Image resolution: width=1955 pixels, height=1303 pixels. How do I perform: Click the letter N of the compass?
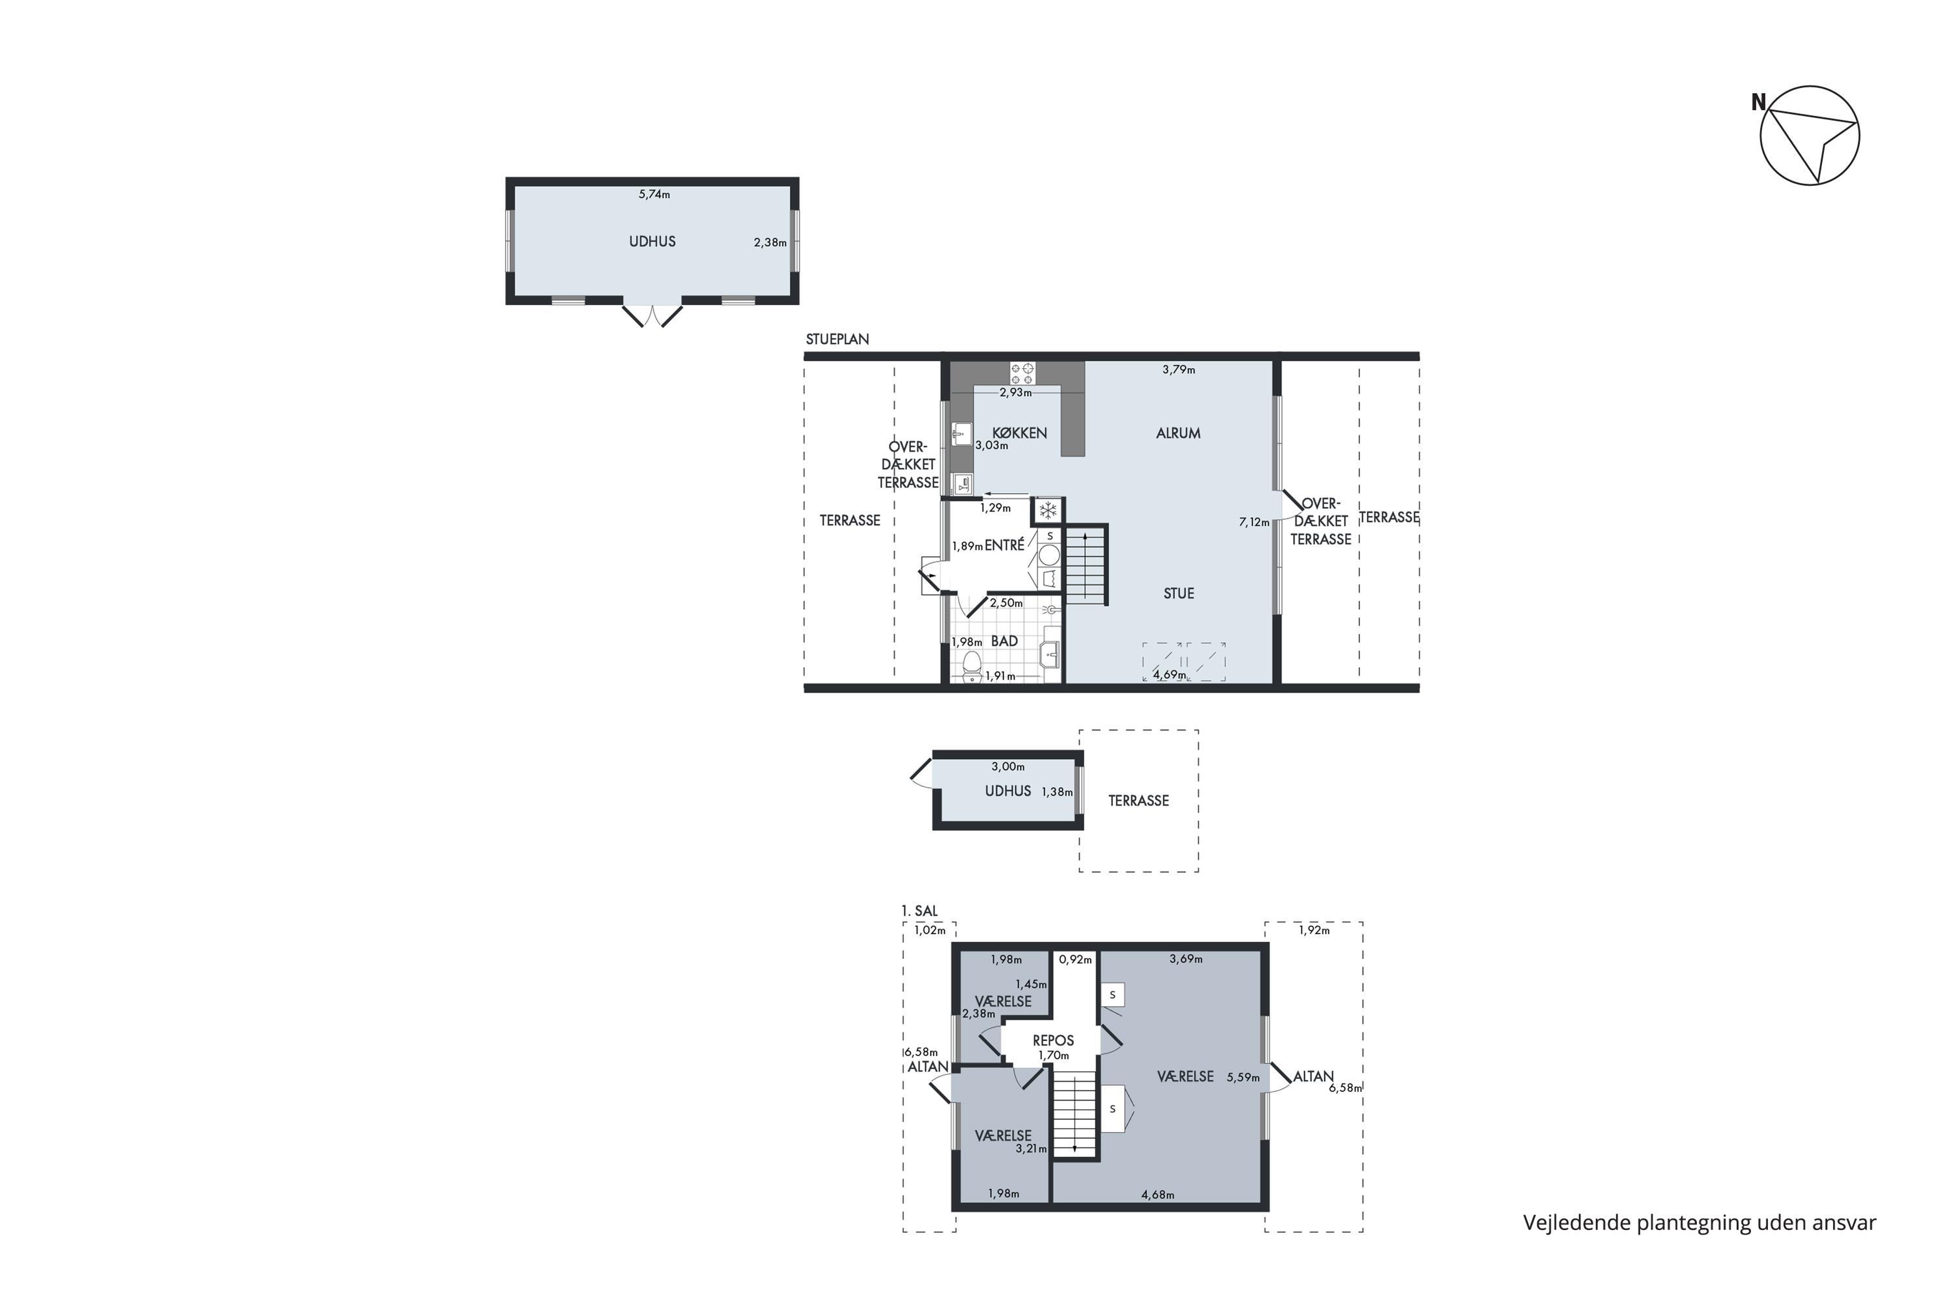tap(1758, 102)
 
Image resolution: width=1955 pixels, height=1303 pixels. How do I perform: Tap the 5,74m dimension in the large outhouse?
tap(654, 194)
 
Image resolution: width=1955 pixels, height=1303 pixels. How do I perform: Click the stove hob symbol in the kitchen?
tap(1022, 373)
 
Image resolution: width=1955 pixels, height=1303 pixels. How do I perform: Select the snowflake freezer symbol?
tap(1048, 509)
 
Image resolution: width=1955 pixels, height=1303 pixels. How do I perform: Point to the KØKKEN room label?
tap(1019, 433)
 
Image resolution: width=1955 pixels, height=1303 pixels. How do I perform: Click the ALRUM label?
tap(1178, 433)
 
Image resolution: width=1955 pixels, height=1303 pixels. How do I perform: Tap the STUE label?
tap(1179, 594)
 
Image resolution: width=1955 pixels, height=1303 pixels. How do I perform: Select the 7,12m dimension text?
tap(1254, 522)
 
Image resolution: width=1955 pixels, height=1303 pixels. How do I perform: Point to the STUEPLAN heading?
tap(837, 339)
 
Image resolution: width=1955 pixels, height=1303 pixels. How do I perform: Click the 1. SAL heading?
tap(920, 911)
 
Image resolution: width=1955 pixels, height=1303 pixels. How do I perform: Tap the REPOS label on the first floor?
tap(1053, 1040)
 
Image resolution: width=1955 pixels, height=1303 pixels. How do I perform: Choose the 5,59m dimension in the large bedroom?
tap(1243, 1078)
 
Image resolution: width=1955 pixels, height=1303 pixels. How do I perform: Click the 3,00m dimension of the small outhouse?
tap(1007, 767)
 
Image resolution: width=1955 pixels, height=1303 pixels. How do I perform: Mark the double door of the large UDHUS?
tap(652, 315)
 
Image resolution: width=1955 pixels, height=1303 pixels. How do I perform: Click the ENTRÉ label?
tap(1004, 545)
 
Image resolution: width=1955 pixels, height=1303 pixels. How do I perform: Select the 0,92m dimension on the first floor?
tap(1075, 959)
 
